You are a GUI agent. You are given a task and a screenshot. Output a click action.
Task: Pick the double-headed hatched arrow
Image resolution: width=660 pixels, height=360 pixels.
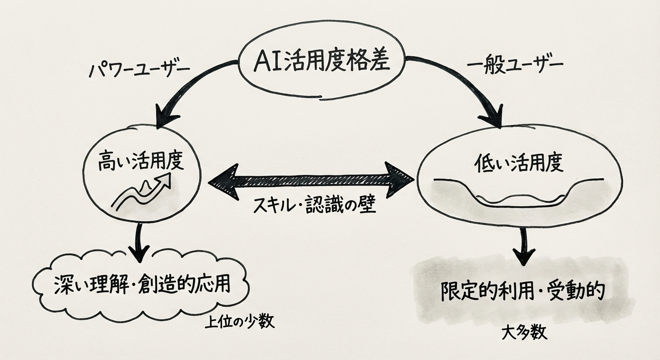point(310,179)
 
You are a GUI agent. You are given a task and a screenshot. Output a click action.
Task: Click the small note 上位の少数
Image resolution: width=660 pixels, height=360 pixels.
point(240,323)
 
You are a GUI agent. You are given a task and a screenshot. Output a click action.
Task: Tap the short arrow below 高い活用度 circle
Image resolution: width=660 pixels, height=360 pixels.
point(139,244)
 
